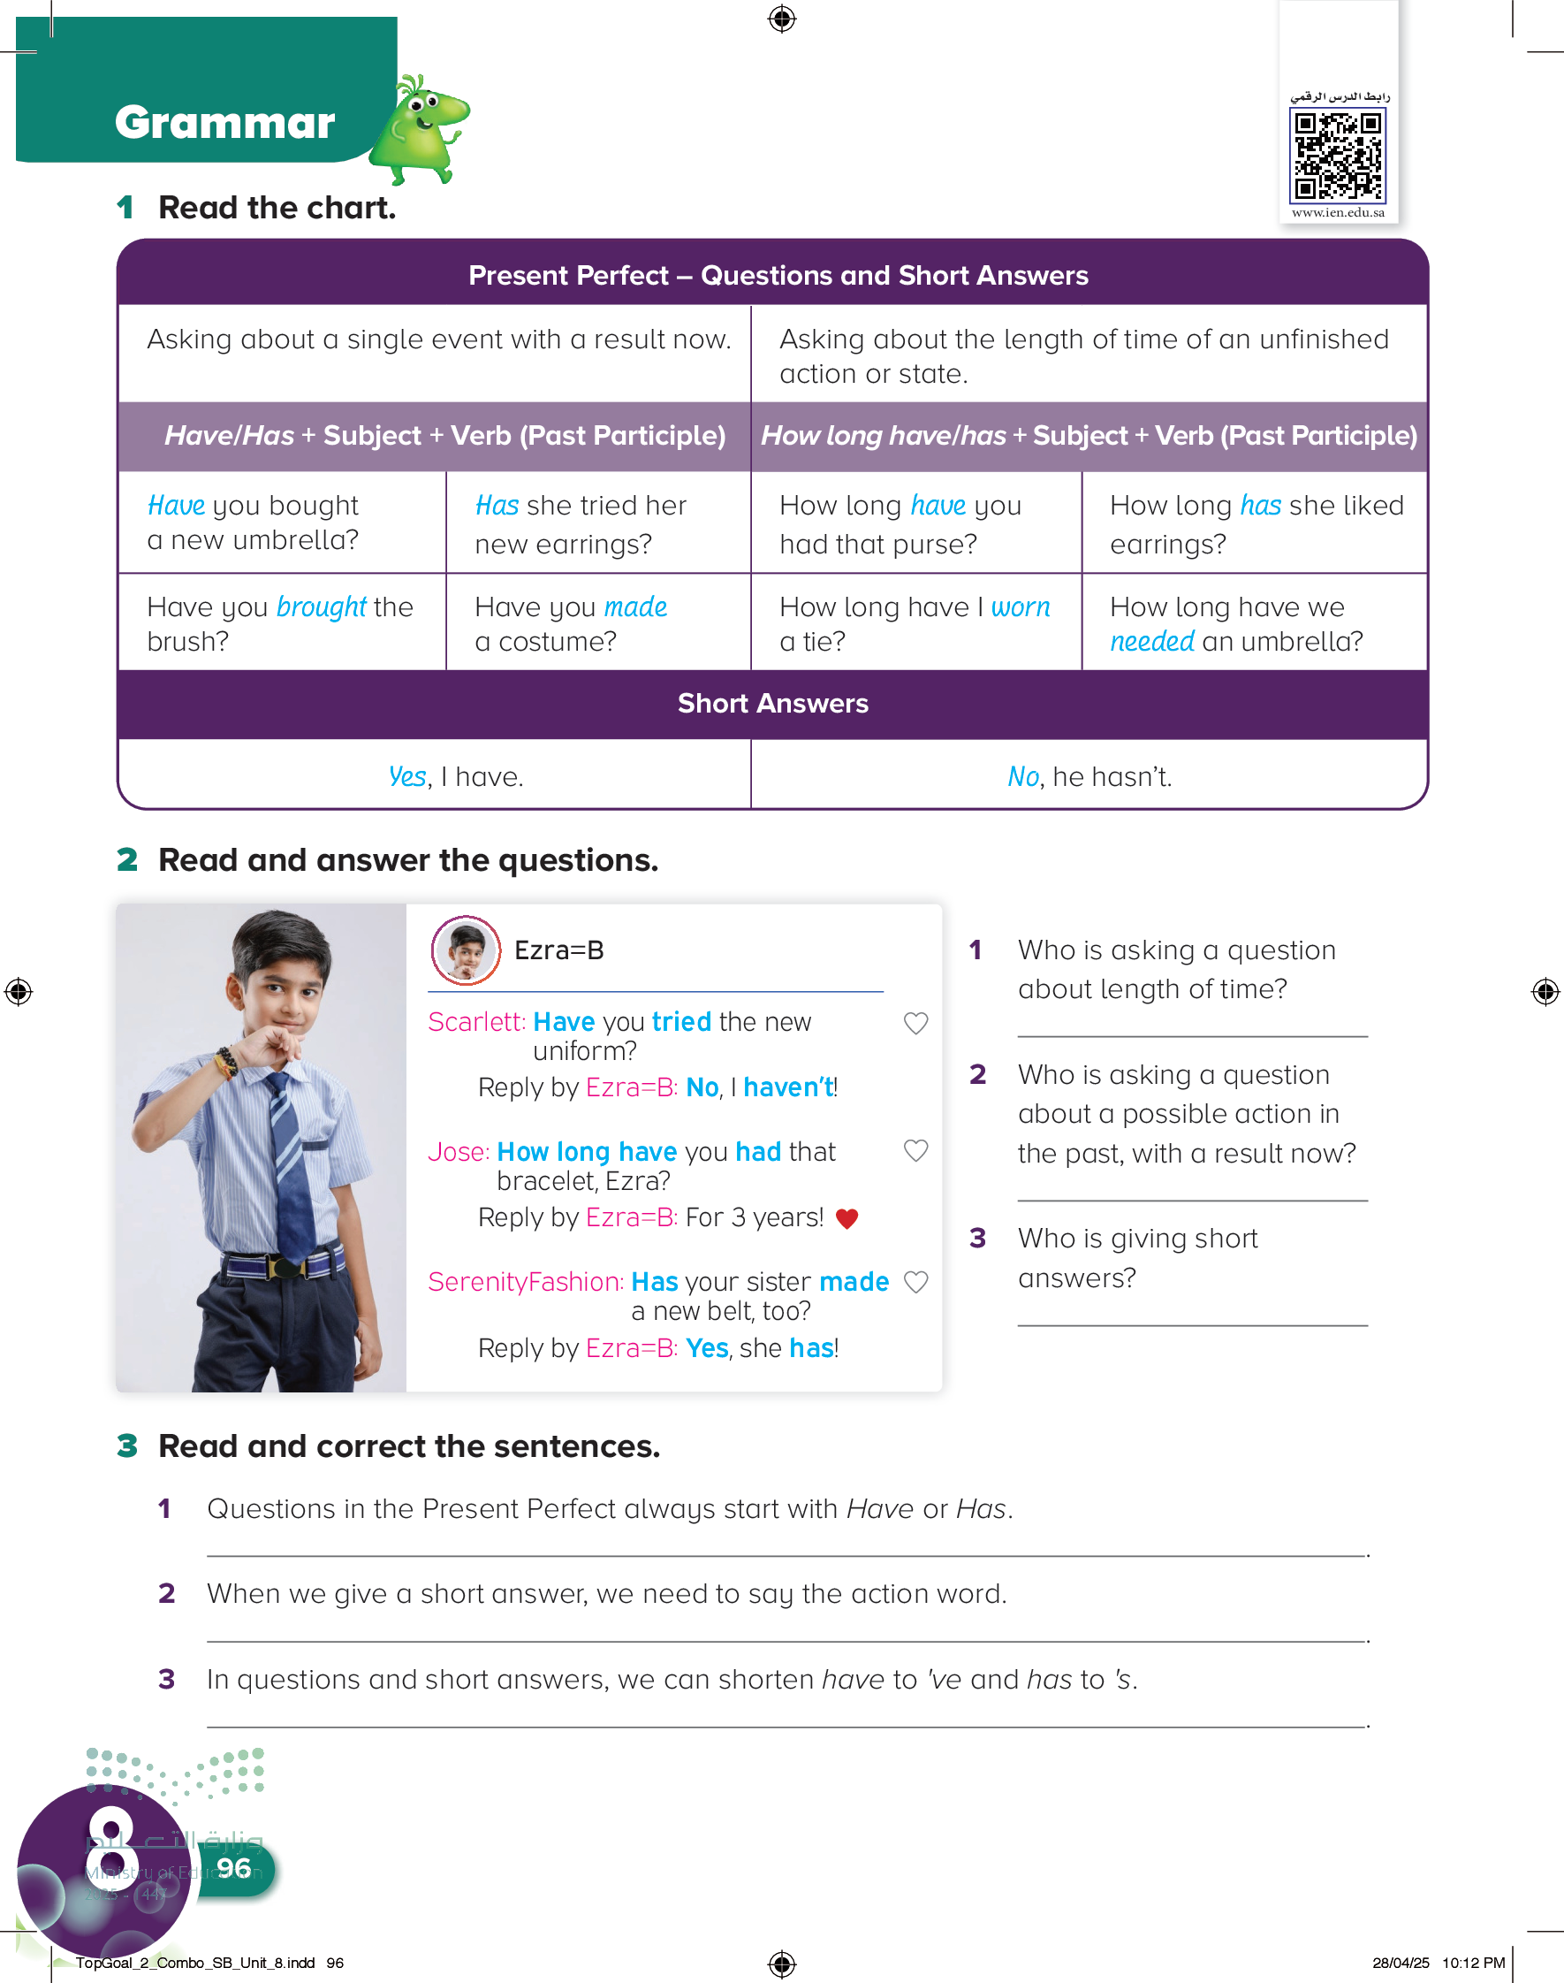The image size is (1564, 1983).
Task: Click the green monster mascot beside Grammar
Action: (425, 129)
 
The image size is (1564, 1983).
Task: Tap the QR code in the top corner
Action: (1337, 155)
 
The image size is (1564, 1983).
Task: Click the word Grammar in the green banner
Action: (224, 123)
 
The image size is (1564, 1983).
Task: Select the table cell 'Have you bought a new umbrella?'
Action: (281, 523)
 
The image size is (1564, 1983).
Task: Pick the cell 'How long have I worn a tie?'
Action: (915, 624)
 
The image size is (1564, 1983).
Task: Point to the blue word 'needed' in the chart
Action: (1152, 642)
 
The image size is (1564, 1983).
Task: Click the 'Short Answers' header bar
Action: (773, 704)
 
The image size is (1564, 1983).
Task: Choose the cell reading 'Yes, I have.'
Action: (455, 777)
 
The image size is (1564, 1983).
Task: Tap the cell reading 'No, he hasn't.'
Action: (1089, 777)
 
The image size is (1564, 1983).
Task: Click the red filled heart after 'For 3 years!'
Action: (847, 1219)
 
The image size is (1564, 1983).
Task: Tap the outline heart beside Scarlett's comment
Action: (915, 1023)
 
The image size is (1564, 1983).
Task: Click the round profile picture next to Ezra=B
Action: (466, 950)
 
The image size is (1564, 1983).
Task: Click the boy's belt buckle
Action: (285, 1269)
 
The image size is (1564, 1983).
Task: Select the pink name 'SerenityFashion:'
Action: (526, 1282)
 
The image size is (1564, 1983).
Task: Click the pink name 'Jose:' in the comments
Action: (458, 1152)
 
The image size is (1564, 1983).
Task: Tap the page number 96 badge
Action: (234, 1868)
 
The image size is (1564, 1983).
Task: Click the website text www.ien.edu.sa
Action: (1338, 212)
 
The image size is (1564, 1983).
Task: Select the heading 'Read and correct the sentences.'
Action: (408, 1446)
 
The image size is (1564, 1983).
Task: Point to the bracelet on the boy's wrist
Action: (226, 1063)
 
